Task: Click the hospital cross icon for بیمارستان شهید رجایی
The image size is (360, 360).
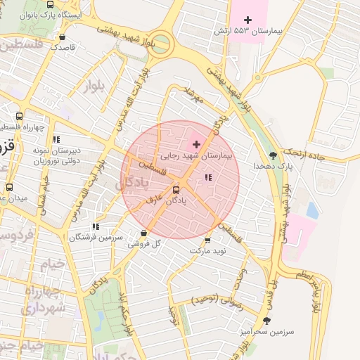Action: click(196, 143)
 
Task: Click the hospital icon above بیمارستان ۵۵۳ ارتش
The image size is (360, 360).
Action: click(247, 19)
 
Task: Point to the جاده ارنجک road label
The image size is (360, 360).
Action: click(304, 153)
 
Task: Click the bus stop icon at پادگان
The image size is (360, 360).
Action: click(176, 189)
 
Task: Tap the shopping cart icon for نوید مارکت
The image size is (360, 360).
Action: click(207, 239)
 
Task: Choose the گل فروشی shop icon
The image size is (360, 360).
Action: click(144, 233)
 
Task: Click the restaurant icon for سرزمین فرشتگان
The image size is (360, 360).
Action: click(96, 227)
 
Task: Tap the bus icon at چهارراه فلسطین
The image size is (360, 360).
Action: click(19, 117)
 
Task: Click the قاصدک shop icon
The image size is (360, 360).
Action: click(63, 37)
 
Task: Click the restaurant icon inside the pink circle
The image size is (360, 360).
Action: click(207, 178)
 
